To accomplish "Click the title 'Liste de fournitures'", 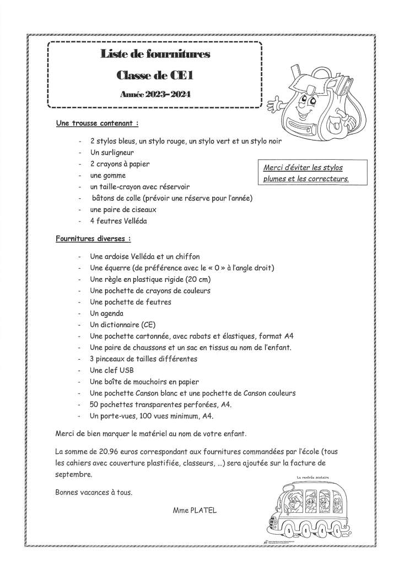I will (x=155, y=54).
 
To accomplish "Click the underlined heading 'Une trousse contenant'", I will (x=96, y=124).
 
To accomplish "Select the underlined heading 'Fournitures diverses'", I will (x=93, y=239).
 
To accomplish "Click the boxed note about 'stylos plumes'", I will (x=306, y=173).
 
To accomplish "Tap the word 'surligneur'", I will (x=117, y=153).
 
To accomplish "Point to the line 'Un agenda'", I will (x=106, y=313).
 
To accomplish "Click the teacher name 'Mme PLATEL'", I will (x=195, y=510).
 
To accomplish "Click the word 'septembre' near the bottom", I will (x=74, y=474).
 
